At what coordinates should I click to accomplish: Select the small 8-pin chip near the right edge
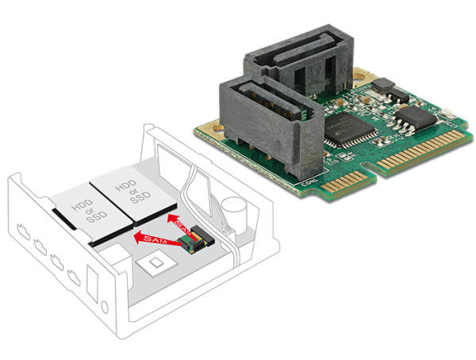click(x=416, y=118)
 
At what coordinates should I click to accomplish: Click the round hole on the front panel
click(x=102, y=307)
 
